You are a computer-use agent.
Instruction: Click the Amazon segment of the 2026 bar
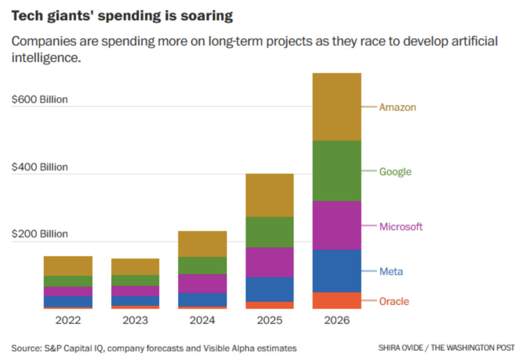[337, 107]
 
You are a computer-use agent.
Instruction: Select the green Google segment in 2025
[270, 232]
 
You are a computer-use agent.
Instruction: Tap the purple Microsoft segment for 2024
[202, 283]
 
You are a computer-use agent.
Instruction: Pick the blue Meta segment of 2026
[337, 271]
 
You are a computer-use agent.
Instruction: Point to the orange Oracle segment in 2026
[337, 300]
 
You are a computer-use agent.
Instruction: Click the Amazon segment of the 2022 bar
[68, 266]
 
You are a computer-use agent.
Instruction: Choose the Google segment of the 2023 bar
[135, 280]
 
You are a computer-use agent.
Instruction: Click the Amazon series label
[397, 107]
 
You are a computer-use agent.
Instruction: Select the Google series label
[395, 171]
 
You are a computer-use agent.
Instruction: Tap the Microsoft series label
[401, 226]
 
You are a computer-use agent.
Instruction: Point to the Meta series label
[391, 271]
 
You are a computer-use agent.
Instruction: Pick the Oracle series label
[394, 301]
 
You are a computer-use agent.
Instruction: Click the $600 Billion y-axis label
[40, 100]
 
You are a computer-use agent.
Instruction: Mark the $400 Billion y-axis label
[40, 167]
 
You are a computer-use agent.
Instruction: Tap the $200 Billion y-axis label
[40, 234]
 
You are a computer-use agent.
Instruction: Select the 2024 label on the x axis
[202, 320]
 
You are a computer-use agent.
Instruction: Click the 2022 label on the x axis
[68, 320]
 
